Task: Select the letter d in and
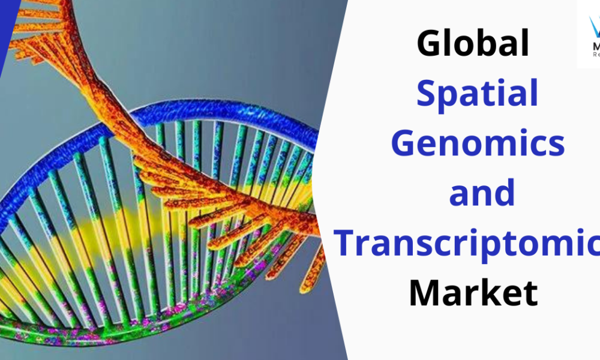coord(503,193)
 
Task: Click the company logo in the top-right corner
coord(589,33)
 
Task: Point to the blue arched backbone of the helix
coord(198,111)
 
